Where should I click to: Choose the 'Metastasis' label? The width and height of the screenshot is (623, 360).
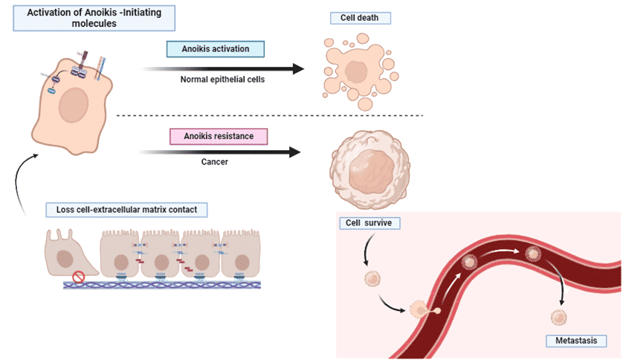pos(571,341)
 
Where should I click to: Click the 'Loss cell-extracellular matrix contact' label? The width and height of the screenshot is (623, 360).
pos(126,210)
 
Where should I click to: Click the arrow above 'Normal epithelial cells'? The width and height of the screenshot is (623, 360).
pos(223,69)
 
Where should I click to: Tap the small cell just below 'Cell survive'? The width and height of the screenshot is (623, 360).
pos(372,280)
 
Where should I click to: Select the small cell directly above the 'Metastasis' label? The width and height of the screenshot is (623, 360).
pos(558,318)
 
